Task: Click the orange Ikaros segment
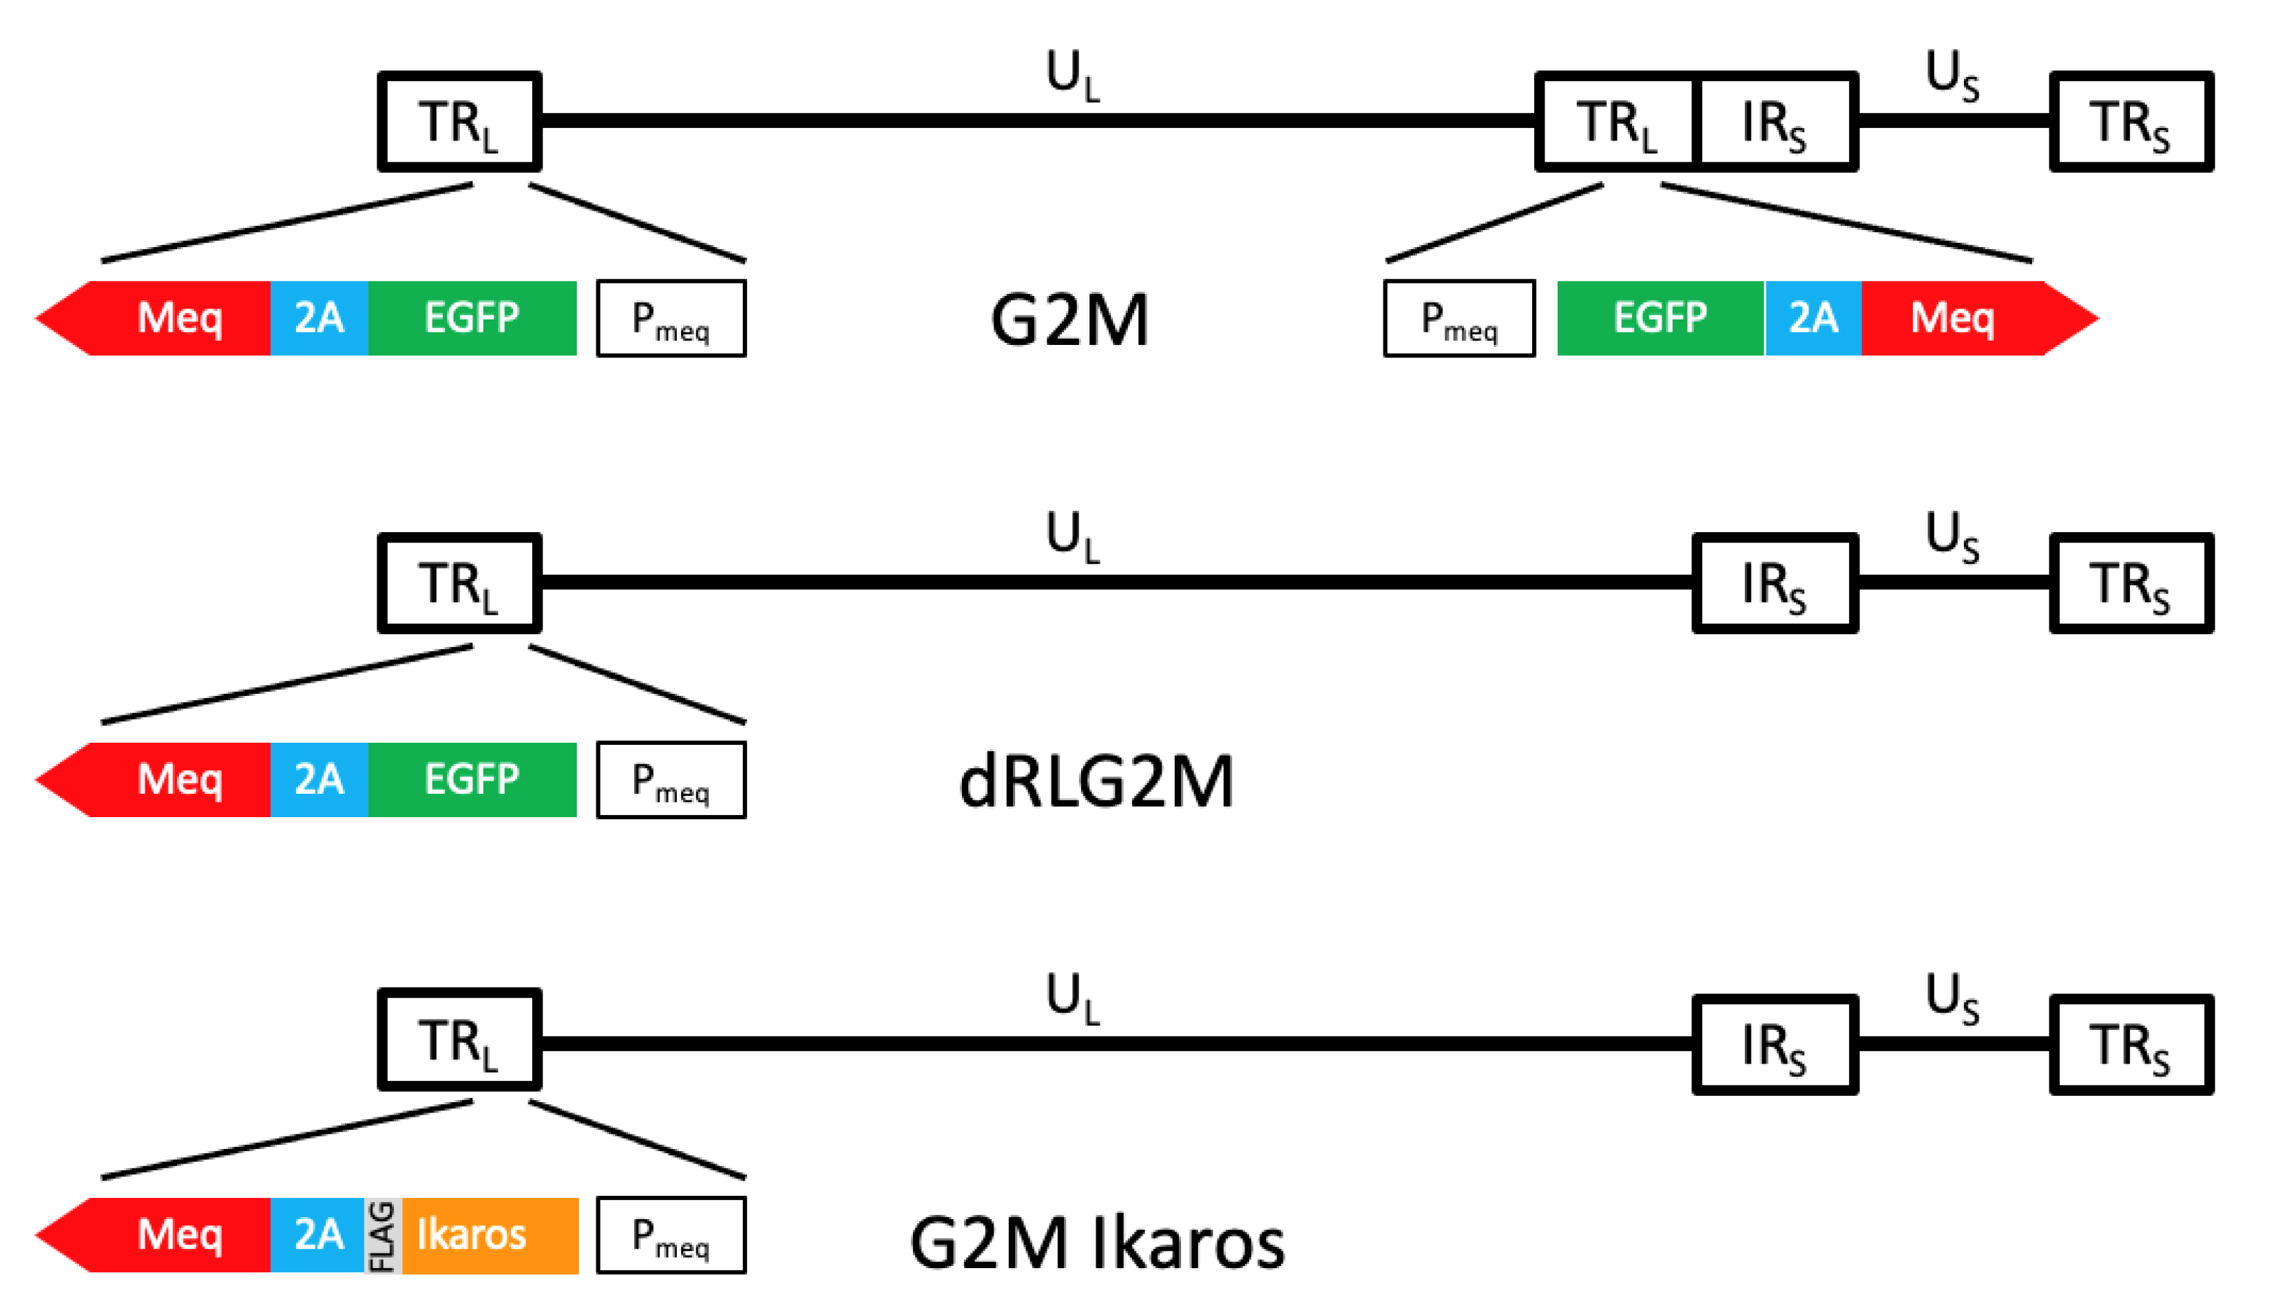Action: [x=490, y=1235]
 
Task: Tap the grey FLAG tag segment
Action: [x=383, y=1235]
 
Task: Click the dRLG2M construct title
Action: [x=1096, y=781]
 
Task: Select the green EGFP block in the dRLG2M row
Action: [x=472, y=780]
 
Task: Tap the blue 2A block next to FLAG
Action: [x=318, y=1235]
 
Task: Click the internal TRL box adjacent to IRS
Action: [x=1616, y=121]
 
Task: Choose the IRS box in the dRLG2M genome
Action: [x=1774, y=583]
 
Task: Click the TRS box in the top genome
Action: [x=2131, y=121]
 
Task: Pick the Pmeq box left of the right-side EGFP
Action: [x=1458, y=319]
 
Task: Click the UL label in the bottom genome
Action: [x=1072, y=997]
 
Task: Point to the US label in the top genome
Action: [x=1952, y=74]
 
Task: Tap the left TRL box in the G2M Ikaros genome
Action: [x=459, y=1040]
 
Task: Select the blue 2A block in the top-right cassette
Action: [x=1812, y=318]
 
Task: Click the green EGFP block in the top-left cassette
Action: [x=472, y=318]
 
